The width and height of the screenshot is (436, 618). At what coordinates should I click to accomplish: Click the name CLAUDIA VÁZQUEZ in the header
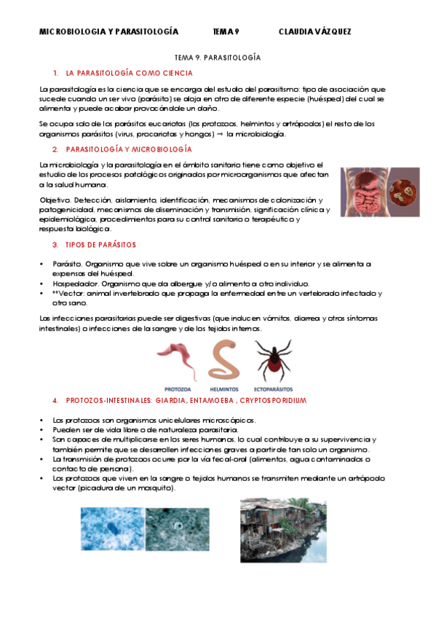click(314, 31)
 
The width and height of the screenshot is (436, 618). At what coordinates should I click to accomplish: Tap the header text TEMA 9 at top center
click(226, 31)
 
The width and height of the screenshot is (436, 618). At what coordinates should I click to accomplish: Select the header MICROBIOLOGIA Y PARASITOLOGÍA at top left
click(108, 31)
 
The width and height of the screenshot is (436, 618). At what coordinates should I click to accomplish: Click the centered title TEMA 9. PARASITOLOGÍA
click(218, 56)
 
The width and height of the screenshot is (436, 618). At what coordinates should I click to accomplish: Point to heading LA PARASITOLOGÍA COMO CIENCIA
click(129, 73)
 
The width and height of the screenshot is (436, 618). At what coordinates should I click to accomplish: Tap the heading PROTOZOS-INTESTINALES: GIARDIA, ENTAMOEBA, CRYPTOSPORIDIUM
click(186, 401)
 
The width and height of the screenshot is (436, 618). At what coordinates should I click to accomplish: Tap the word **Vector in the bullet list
click(68, 293)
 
